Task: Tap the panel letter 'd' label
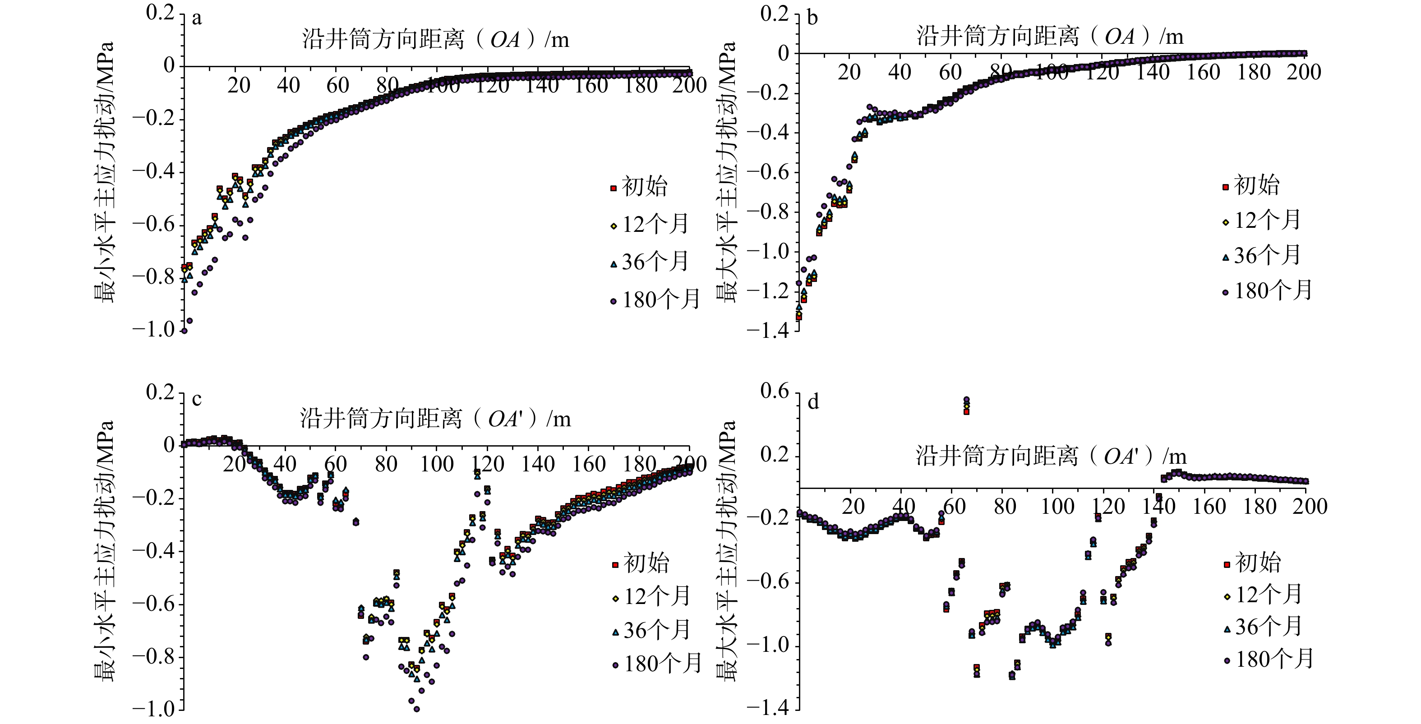pos(813,402)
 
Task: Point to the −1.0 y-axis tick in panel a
pos(153,329)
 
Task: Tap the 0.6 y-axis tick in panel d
pos(775,392)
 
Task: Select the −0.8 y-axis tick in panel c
pos(153,656)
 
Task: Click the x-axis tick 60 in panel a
pos(337,85)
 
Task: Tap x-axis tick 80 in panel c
pos(386,464)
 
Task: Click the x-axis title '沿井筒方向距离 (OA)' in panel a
pos(435,40)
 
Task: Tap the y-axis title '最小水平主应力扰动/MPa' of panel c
pos(105,551)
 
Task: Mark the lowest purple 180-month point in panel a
pos(184,331)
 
